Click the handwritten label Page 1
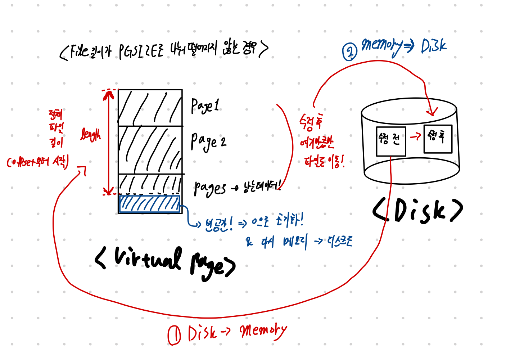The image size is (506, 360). tap(205, 106)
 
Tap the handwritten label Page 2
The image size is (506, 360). tap(208, 141)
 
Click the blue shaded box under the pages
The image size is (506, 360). tap(149, 204)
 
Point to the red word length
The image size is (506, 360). tap(90, 135)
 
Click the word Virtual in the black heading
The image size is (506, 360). tap(148, 258)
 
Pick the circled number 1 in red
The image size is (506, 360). tap(174, 335)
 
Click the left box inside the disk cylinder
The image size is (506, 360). tap(391, 141)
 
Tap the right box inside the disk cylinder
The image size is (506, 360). tap(438, 139)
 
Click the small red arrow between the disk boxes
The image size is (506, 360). tap(415, 136)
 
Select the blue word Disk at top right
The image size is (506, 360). tap(433, 46)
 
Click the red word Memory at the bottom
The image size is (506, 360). tap(263, 331)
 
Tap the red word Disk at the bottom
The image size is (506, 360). tap(202, 333)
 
